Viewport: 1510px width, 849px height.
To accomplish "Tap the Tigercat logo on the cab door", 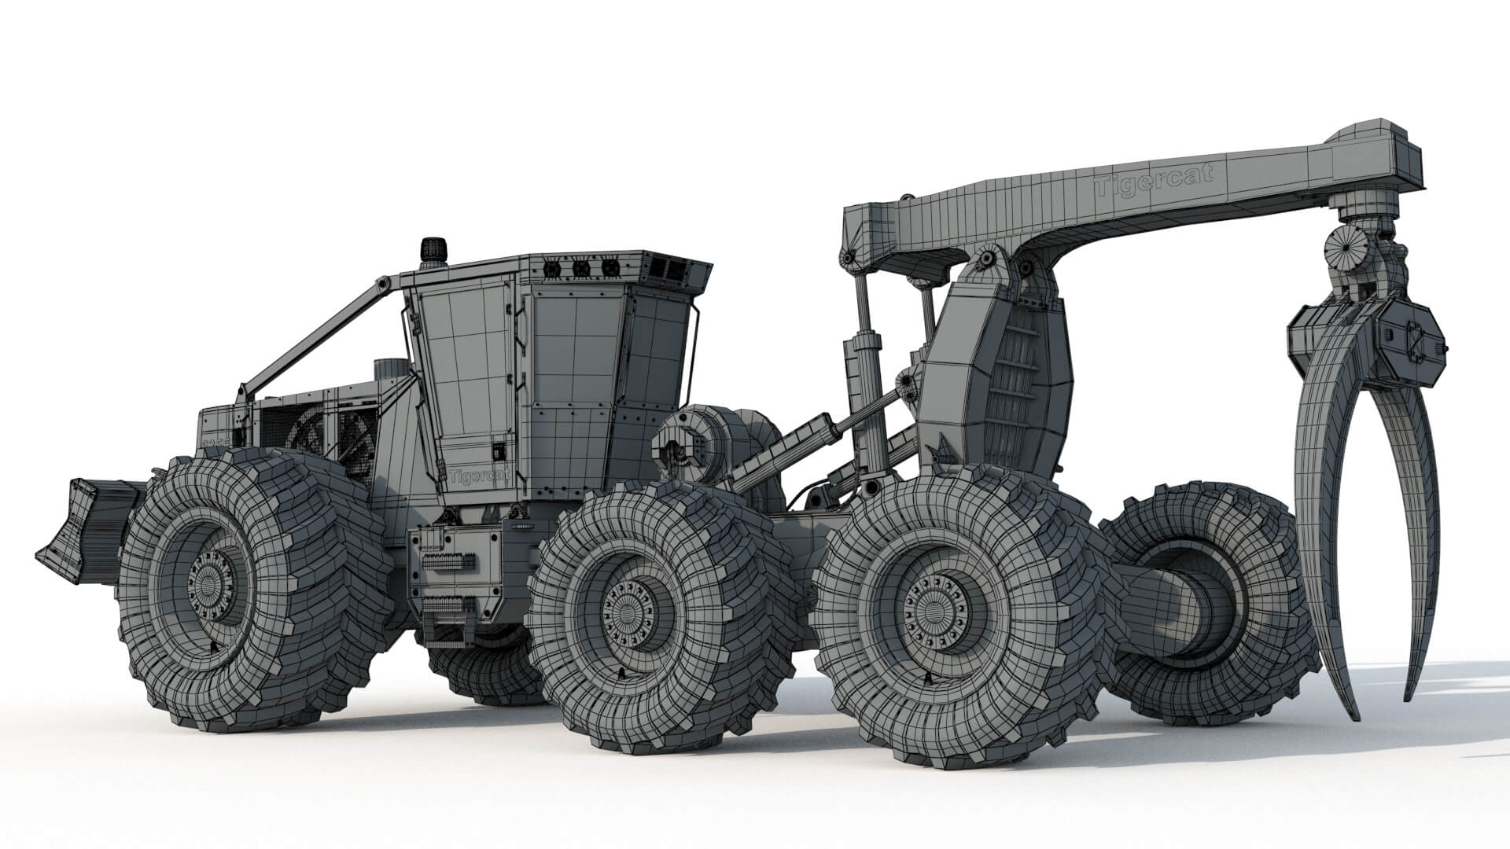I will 477,476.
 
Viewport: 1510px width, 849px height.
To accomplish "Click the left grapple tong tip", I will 1351,711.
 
